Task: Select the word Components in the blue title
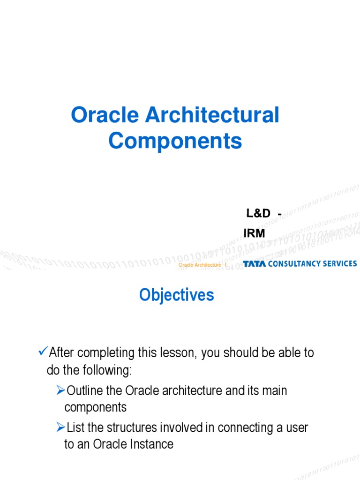click(x=175, y=141)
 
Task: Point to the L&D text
click(x=259, y=213)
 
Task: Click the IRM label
click(x=254, y=233)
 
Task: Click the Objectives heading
click(x=177, y=295)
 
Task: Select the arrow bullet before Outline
click(x=60, y=390)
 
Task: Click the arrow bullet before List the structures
click(x=60, y=427)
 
